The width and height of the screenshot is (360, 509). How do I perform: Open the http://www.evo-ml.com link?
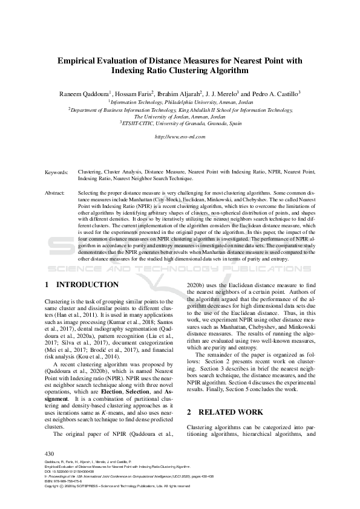180,137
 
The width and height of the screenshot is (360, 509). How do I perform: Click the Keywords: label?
56,172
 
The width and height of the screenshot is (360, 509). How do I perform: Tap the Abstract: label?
55,192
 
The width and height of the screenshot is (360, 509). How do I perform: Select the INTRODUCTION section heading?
87,284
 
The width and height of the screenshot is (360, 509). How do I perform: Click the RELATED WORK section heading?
229,412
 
